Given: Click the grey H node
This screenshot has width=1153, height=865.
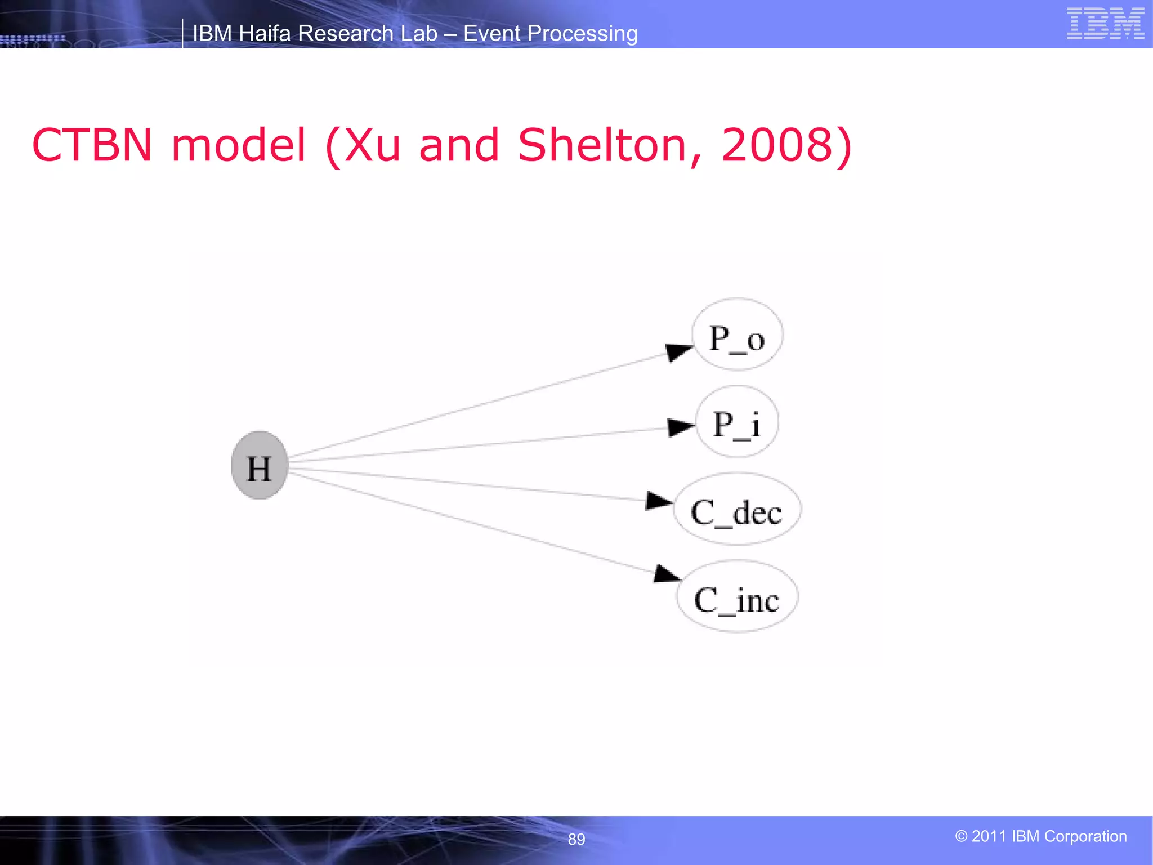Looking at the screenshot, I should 260,465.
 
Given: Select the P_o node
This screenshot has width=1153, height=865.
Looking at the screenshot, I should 737,335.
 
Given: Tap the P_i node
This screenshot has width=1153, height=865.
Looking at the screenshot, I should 738,422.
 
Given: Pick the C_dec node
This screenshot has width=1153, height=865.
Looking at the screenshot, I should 737,509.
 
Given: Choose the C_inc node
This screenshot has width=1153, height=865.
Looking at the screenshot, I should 737,596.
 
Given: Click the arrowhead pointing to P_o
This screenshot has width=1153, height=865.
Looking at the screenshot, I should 678,352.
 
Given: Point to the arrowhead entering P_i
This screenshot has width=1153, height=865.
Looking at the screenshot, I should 680,427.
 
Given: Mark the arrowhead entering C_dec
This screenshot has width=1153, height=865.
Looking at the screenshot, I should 659,501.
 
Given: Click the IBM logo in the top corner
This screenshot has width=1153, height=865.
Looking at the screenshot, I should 1105,24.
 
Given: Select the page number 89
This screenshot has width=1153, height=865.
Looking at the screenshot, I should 576,839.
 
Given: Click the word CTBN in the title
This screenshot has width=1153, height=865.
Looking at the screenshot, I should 92,145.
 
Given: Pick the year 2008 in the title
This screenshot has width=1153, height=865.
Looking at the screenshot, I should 777,145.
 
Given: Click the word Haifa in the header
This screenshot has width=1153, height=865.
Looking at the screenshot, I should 264,34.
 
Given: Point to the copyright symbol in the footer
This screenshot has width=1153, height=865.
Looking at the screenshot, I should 961,836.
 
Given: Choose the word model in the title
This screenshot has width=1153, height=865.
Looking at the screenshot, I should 239,145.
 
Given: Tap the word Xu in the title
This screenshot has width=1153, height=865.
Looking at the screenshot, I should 372,145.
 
